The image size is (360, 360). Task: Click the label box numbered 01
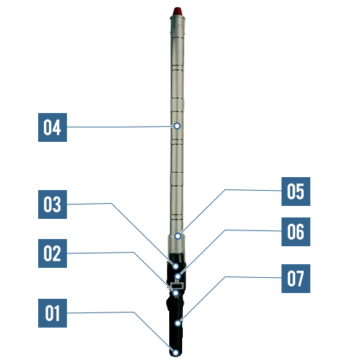click(53, 313)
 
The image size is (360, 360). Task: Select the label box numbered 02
click(53, 253)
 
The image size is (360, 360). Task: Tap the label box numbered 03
click(53, 204)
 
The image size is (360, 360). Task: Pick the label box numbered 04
click(53, 127)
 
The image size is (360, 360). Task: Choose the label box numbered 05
click(296, 192)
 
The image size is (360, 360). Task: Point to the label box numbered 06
click(296, 232)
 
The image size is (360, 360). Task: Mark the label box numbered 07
click(296, 279)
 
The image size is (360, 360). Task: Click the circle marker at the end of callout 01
click(176, 353)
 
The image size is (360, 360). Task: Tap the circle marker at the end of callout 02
click(176, 293)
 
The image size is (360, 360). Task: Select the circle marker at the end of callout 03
click(176, 266)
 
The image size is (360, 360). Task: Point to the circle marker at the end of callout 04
click(177, 126)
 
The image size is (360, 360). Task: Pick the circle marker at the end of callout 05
click(178, 236)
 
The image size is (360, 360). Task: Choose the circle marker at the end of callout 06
click(178, 276)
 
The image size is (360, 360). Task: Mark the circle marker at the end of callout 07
click(178, 323)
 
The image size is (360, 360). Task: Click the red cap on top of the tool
click(177, 11)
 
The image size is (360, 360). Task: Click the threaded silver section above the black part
click(176, 244)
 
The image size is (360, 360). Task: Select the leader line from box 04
click(120, 127)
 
